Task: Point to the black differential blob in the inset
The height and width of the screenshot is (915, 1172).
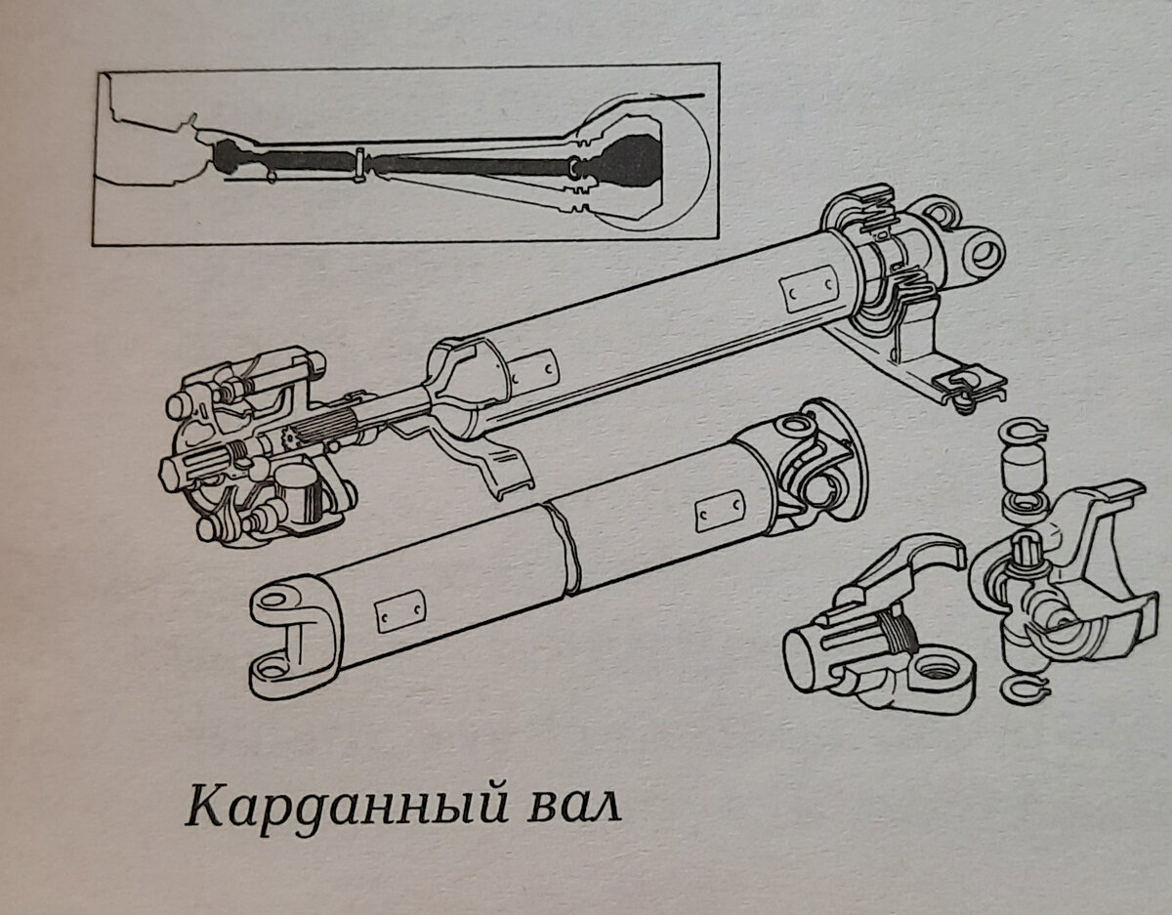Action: point(630,163)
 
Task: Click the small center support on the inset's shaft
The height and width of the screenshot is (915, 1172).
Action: point(360,163)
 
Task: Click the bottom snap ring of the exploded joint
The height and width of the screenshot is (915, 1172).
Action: point(1026,689)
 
